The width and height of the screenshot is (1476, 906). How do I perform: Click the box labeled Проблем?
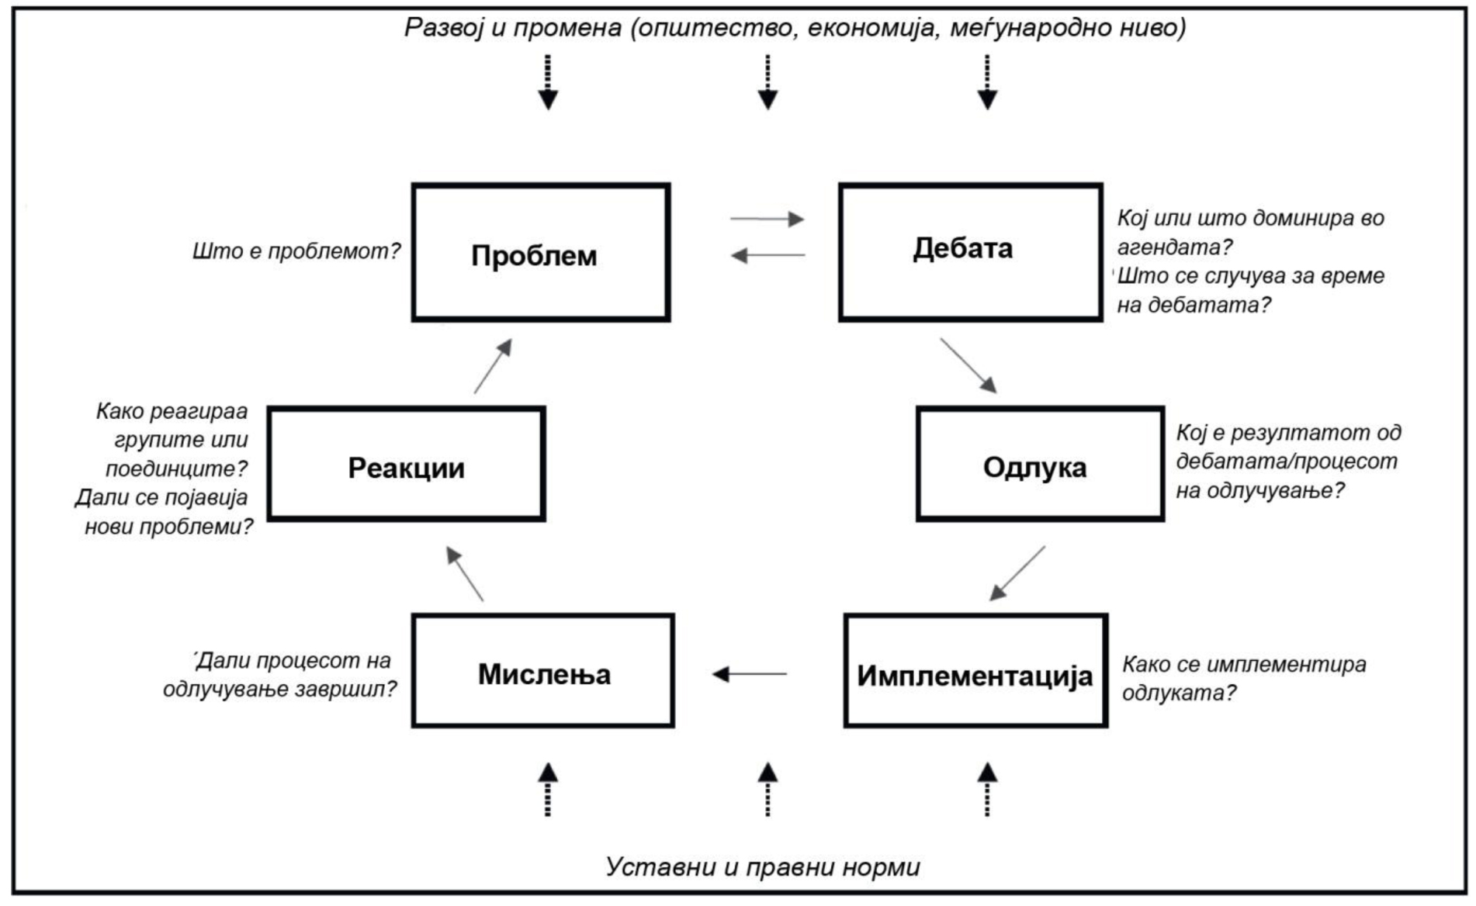(x=541, y=253)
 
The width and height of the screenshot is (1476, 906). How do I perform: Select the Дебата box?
(x=970, y=251)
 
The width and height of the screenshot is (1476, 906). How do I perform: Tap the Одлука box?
(x=1040, y=464)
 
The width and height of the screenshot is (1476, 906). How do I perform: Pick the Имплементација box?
(x=975, y=671)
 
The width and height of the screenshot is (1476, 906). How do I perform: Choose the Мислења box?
(x=543, y=671)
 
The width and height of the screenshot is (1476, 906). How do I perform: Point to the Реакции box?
(x=407, y=464)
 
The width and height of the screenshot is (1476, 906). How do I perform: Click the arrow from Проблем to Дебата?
(x=767, y=219)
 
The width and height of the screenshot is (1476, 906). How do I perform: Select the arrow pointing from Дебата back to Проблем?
(x=768, y=254)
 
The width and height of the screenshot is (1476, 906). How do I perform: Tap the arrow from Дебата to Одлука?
(x=968, y=365)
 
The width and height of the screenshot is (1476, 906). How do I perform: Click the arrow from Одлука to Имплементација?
(x=1017, y=573)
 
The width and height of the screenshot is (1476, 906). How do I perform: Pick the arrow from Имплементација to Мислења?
(x=750, y=674)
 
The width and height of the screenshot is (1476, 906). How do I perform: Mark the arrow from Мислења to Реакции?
(x=465, y=574)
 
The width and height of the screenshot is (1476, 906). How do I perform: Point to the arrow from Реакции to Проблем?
(x=493, y=366)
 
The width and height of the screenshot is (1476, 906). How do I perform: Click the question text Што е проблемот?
(x=296, y=251)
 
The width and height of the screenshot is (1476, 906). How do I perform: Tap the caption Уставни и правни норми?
(x=763, y=866)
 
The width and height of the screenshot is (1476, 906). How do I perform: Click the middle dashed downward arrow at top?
(x=767, y=82)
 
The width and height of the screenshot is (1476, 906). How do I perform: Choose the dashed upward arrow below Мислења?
(x=548, y=790)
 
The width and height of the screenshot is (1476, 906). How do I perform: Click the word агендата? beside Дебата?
(x=1174, y=247)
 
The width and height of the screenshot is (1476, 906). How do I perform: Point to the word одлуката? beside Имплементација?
(x=1179, y=693)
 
